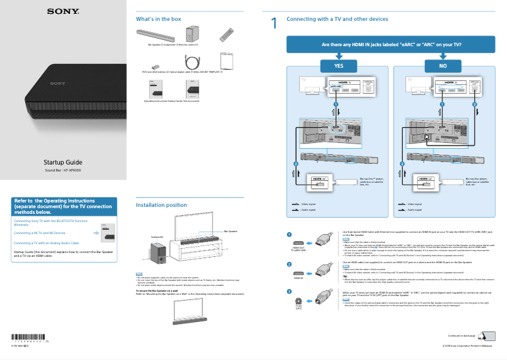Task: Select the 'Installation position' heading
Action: pos(161,205)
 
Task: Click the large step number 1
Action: pos(274,24)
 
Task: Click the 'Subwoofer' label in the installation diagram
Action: pos(157,237)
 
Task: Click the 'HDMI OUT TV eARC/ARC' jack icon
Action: pos(298,242)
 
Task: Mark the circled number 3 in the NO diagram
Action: pos(475,104)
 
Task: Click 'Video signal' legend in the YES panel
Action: pos(308,204)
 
